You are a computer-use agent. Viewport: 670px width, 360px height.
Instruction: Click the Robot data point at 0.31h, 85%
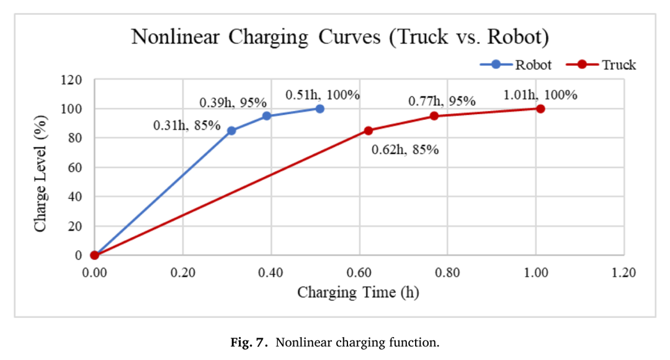click(x=231, y=130)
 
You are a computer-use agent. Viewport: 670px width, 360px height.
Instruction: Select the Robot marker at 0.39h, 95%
click(x=267, y=116)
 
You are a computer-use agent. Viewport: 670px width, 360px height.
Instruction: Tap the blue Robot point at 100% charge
click(x=319, y=109)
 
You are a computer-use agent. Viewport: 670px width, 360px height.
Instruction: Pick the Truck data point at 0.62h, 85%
click(x=368, y=130)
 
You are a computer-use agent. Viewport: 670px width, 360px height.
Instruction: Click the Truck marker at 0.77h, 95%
click(x=434, y=116)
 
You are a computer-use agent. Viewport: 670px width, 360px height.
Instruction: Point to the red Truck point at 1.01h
click(x=540, y=109)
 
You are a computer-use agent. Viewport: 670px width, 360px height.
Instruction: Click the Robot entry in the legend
click(x=516, y=65)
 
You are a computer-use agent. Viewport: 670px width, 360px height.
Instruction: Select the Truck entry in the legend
click(x=601, y=65)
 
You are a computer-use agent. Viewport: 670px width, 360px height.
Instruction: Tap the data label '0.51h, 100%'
click(x=323, y=95)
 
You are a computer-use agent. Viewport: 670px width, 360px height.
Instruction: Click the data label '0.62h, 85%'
click(x=405, y=150)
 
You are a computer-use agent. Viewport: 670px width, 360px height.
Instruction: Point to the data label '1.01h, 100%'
click(x=540, y=95)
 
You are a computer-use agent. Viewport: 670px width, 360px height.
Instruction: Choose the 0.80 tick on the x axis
click(x=447, y=272)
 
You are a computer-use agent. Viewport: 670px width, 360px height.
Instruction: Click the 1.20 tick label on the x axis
click(x=624, y=272)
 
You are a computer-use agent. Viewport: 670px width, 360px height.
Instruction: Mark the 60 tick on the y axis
click(x=75, y=167)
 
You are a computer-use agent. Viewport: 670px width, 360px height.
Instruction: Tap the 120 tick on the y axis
click(x=72, y=80)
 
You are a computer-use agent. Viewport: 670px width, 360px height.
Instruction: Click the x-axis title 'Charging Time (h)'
click(x=358, y=292)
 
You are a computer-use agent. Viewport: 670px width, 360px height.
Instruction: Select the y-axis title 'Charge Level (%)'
click(x=40, y=174)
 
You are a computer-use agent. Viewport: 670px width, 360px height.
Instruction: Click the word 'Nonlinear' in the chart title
click(x=175, y=37)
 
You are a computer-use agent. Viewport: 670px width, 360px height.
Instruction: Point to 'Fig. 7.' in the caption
click(x=249, y=343)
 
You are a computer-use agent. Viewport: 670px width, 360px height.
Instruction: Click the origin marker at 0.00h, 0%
click(x=94, y=255)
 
